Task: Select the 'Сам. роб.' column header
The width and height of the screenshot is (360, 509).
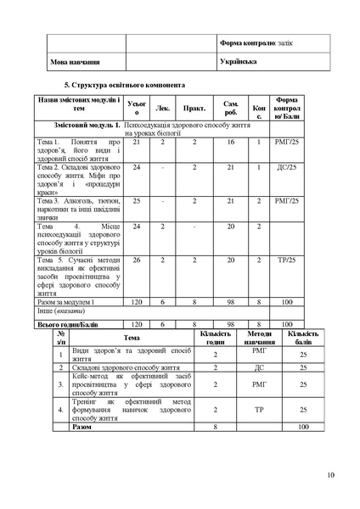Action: coord(230,108)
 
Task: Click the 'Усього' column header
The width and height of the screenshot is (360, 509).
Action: coord(132,108)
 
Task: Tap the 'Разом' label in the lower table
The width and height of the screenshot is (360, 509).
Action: coord(82,427)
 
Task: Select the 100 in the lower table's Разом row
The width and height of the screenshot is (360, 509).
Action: coord(302,427)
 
